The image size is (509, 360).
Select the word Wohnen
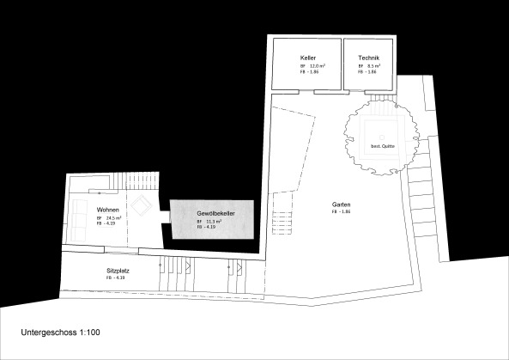click(108, 210)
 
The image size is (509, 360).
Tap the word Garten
click(342, 204)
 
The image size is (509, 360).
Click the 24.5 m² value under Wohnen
click(112, 218)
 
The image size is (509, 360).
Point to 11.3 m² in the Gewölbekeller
click(213, 221)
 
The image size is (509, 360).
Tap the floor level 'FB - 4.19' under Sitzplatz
click(116, 278)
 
